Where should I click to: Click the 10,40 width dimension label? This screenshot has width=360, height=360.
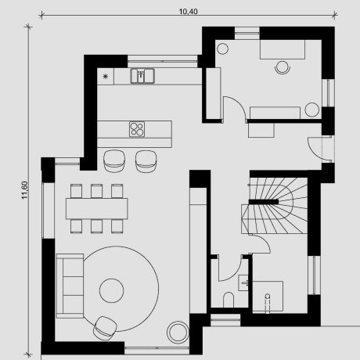(188, 12)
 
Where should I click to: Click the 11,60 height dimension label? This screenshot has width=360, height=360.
(24, 190)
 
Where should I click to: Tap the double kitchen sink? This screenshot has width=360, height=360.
(142, 76)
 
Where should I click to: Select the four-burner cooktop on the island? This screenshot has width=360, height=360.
(137, 129)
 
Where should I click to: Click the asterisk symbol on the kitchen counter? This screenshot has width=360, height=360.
(105, 76)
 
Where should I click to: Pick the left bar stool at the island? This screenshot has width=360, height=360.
(114, 161)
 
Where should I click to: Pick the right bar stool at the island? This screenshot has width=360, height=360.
(146, 161)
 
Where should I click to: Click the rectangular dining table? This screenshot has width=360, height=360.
(97, 208)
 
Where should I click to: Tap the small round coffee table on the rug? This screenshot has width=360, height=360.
(112, 290)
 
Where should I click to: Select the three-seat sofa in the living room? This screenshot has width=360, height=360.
(70, 286)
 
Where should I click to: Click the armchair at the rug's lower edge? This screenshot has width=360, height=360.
(105, 328)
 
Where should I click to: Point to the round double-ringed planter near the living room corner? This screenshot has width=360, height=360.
(178, 332)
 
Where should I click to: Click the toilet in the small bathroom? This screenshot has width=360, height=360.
(229, 300)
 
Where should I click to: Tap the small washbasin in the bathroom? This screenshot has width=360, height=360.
(245, 283)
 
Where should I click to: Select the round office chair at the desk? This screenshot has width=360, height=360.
(283, 67)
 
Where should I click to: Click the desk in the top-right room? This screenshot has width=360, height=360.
(283, 49)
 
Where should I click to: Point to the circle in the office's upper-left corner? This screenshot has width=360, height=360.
(222, 49)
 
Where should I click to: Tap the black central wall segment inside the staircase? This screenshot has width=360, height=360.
(264, 202)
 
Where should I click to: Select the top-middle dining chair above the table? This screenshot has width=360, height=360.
(96, 191)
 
